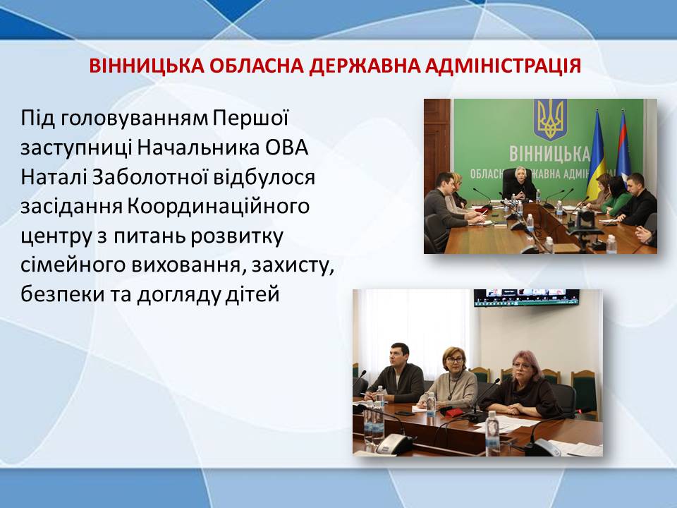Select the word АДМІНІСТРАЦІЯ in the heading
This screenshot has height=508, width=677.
[x=503, y=66]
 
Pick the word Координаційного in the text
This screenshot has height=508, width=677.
[x=219, y=207]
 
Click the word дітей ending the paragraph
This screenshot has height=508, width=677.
[x=252, y=295]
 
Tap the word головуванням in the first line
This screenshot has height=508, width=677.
[x=134, y=119]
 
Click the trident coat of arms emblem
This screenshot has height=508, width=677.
[x=550, y=120]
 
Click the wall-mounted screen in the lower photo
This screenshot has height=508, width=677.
[x=526, y=297]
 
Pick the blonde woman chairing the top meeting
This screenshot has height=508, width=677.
[x=518, y=185]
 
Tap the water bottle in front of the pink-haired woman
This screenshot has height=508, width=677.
[x=492, y=433]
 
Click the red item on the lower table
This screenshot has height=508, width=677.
[x=453, y=413]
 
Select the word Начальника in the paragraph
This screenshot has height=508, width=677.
[x=199, y=147]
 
